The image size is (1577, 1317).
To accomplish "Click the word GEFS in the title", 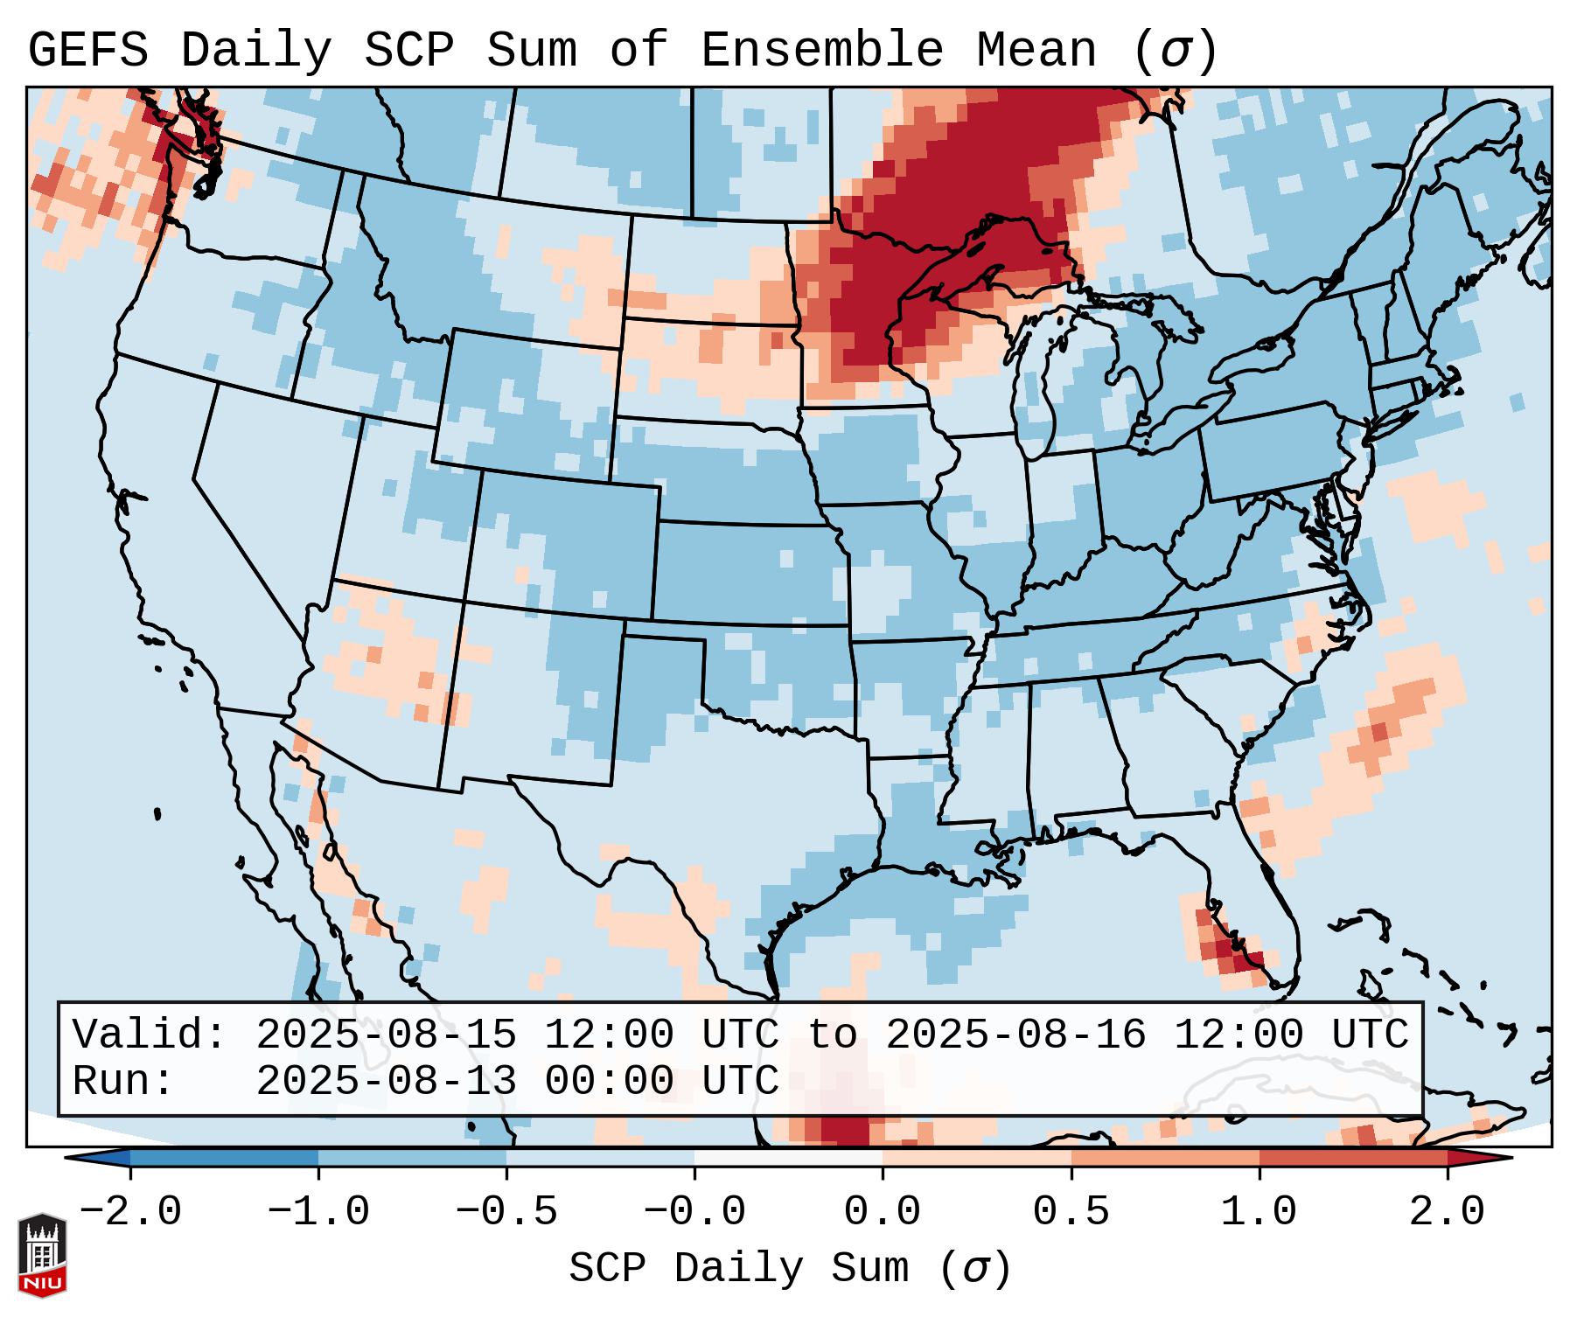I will pos(87,50).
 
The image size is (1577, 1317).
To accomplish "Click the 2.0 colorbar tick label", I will pos(1448,1212).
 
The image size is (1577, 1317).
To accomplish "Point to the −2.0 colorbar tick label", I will pos(130,1212).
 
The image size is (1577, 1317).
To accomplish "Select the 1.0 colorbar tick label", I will pos(1260,1212).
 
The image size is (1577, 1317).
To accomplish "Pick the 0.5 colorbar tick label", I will pos(1071,1212).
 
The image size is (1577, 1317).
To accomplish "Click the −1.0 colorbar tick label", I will pos(318,1212).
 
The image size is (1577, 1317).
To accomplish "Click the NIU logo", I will pos(42,1255).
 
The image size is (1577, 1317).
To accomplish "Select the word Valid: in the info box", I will pos(150,1035).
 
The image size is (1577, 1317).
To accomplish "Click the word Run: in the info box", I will pos(123,1081).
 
